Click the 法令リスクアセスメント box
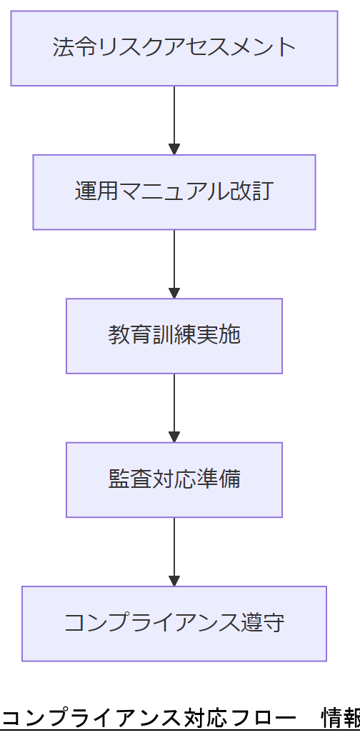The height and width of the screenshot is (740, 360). click(x=174, y=48)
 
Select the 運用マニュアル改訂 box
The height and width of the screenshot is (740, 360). click(x=174, y=192)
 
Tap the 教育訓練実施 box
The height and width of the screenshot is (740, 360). click(x=174, y=336)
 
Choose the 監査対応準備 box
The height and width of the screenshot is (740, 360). click(x=174, y=479)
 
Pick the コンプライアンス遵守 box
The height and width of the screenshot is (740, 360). click(x=174, y=624)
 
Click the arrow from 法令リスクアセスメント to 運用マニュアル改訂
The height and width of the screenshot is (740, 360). click(x=174, y=118)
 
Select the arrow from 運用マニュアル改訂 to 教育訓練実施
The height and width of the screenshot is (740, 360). click(x=174, y=261)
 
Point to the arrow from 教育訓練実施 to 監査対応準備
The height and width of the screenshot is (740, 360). click(x=174, y=405)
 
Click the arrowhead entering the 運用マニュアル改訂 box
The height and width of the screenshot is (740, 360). click(x=174, y=149)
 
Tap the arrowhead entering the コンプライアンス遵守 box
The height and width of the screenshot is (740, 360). click(x=174, y=581)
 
